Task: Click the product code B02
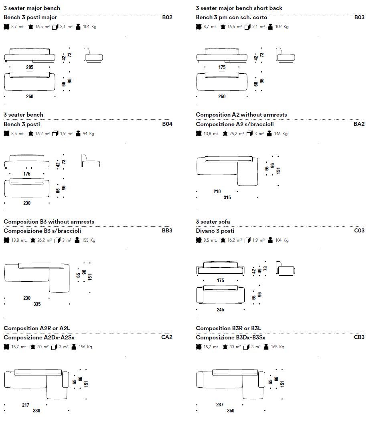coord(167,17)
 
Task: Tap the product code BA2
coord(359,124)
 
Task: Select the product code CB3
coord(359,337)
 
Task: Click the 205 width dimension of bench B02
coord(30,67)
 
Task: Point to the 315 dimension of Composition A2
coord(227,197)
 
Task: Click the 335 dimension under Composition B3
coord(37,304)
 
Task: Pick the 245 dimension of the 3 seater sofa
coord(221,310)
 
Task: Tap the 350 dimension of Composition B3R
coord(231,411)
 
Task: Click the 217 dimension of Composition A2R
coord(26,405)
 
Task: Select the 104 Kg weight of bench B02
coord(89,27)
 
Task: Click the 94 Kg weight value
coord(89,134)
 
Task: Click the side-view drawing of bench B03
coord(285,55)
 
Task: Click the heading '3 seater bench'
coord(23,115)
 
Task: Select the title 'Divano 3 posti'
coord(215,231)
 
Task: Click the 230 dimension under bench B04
coord(26,203)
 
